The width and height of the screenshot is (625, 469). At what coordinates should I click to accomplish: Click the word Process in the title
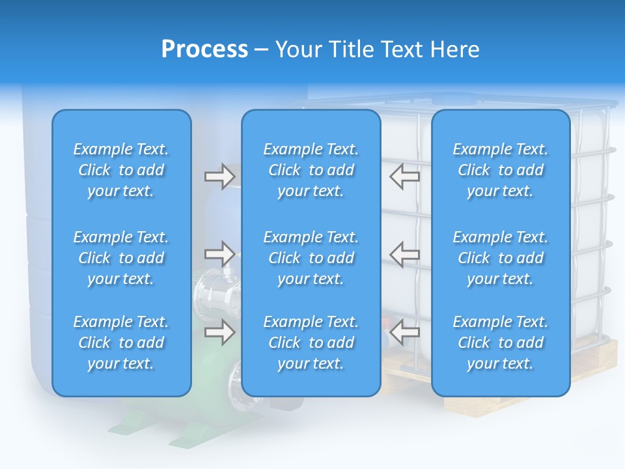click(x=204, y=50)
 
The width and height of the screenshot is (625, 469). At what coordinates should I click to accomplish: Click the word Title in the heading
click(x=353, y=50)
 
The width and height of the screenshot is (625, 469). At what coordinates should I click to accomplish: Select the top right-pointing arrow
click(x=219, y=177)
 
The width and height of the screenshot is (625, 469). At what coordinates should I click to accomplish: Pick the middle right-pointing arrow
click(x=219, y=253)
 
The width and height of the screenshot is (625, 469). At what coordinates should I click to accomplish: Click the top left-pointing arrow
click(x=405, y=176)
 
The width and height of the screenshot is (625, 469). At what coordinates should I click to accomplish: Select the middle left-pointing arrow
click(x=405, y=254)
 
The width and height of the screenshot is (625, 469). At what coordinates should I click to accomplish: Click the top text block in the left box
click(x=121, y=170)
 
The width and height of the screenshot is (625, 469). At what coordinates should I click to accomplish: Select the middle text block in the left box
click(x=121, y=258)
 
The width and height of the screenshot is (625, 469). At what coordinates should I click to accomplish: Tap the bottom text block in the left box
click(x=121, y=343)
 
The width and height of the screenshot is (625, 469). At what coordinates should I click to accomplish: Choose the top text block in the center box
click(x=311, y=170)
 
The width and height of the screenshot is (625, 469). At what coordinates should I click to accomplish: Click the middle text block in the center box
click(x=311, y=258)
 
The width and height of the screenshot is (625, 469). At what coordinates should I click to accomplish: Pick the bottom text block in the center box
click(x=311, y=343)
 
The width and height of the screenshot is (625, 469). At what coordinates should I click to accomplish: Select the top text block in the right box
click(x=501, y=170)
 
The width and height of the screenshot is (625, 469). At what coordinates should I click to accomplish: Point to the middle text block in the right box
click(x=501, y=258)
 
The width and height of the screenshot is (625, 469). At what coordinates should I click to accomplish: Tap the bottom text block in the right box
click(x=501, y=343)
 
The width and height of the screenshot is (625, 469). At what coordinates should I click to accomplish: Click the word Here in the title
click(x=454, y=50)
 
